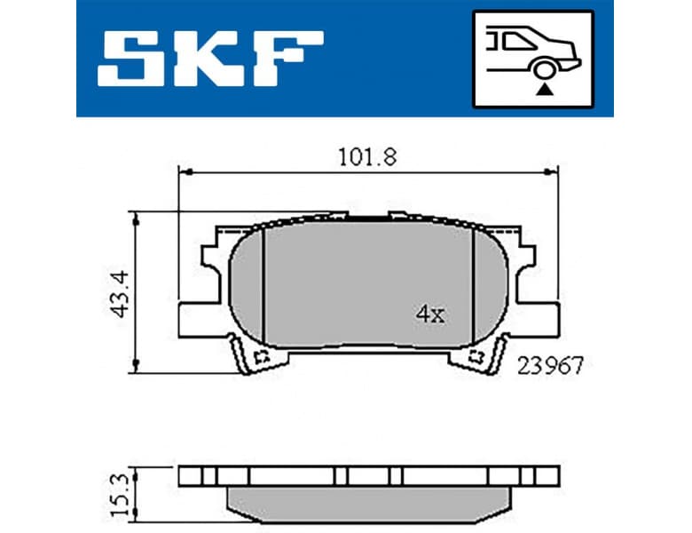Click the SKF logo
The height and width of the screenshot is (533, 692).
coord(210,59)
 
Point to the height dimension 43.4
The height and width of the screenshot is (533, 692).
coord(122,292)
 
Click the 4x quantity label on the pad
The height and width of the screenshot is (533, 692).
coord(429,313)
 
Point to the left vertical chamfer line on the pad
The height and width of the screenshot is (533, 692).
coord(263,284)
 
